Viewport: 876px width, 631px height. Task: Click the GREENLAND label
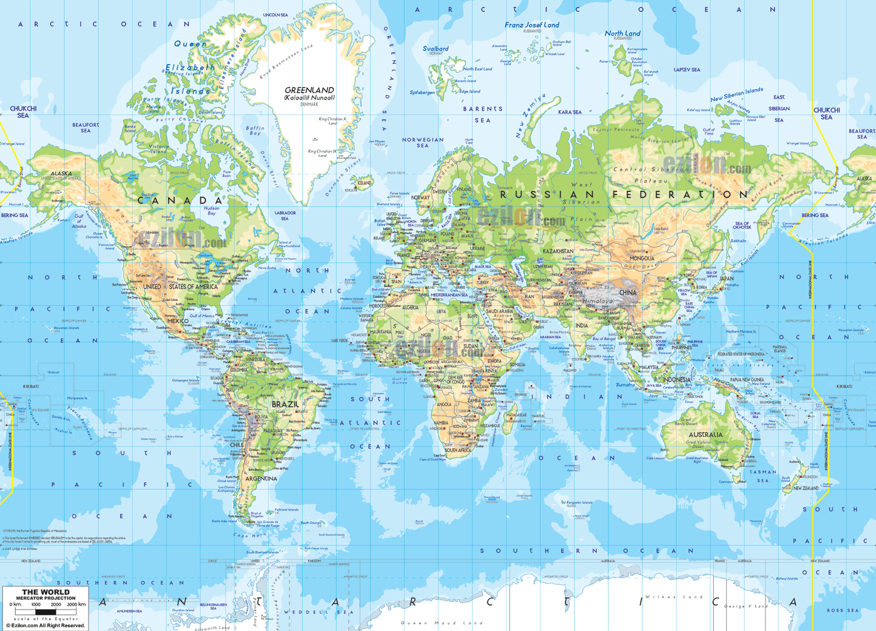coord(309,90)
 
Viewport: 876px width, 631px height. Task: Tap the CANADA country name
coord(180,201)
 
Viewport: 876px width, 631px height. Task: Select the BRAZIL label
coord(285,404)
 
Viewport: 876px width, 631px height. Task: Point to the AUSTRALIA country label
coord(705,434)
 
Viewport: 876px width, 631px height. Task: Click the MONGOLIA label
coord(642,259)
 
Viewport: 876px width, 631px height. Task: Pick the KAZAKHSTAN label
coord(558,251)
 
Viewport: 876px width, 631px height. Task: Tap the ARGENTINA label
coord(261,478)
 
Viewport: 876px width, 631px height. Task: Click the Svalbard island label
coord(435,48)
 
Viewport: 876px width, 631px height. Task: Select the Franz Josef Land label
coord(531,25)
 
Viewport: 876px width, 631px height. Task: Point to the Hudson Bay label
coord(212,210)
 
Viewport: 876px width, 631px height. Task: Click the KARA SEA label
coord(570,112)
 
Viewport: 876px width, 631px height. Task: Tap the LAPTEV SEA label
coord(687,70)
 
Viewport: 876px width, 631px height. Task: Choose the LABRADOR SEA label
coord(284,215)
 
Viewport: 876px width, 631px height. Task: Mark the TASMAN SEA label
coord(763,476)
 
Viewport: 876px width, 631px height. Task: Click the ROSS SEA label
coord(842,610)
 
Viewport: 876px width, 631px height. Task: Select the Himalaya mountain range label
coord(597,301)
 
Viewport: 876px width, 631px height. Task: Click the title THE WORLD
coord(46,592)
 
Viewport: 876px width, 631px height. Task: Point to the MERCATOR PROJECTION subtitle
coord(46,598)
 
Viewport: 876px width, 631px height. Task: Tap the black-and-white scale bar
coord(45,612)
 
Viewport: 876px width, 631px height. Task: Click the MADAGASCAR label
coord(516,415)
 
